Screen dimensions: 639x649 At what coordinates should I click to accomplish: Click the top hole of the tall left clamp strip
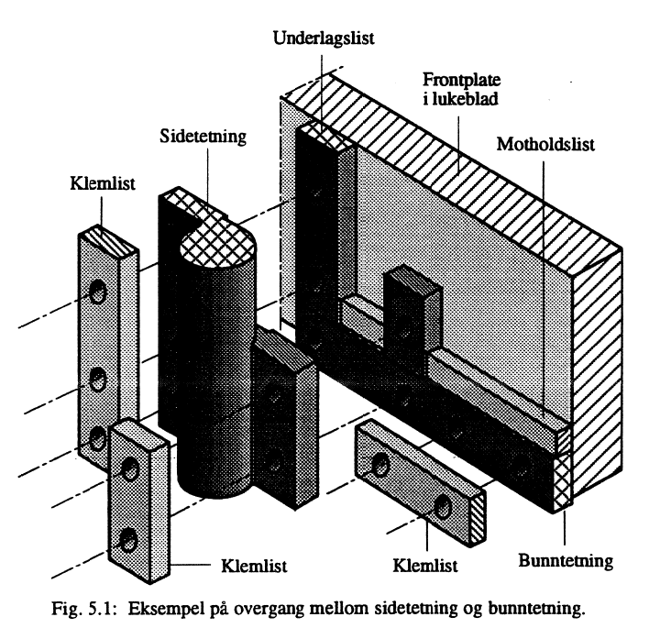pos(96,292)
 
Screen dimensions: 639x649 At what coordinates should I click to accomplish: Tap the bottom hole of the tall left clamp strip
pos(98,437)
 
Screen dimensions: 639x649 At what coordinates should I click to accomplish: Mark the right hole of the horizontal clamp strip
pos(443,505)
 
